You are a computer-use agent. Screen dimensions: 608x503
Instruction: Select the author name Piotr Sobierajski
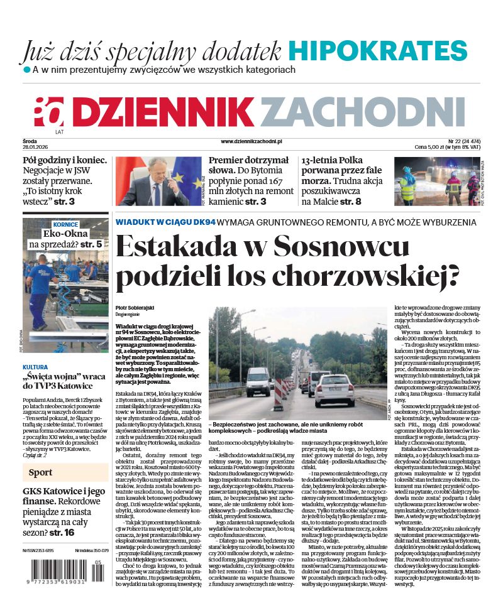[x=134, y=307]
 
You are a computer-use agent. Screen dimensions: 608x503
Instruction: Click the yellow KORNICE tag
[x=66, y=224]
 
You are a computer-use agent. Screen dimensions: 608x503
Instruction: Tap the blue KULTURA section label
[x=36, y=367]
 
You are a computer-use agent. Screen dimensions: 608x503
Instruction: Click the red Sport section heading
[x=39, y=472]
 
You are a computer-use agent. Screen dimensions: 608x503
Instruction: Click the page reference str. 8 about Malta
[x=351, y=202]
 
